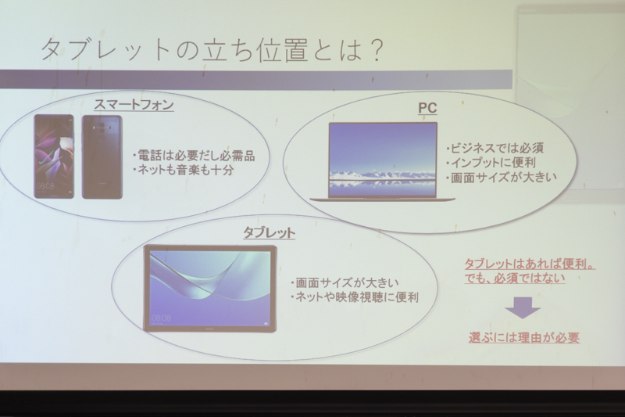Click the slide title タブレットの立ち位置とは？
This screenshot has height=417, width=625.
[212, 50]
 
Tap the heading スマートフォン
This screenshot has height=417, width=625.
[134, 105]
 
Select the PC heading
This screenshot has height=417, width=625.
[427, 108]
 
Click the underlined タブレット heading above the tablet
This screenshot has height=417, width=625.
[270, 232]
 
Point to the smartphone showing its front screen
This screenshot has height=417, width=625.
[54, 156]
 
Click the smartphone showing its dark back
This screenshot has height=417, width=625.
[102, 157]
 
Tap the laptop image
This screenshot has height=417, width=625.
[383, 162]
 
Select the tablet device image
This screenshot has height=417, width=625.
[210, 289]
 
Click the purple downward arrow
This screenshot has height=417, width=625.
[523, 307]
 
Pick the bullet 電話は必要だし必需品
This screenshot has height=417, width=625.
[194, 155]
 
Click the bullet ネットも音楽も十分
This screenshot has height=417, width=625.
[184, 171]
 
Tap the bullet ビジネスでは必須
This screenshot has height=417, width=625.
[495, 148]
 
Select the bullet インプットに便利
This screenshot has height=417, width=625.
[491, 163]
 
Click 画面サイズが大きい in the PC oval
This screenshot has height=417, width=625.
[502, 178]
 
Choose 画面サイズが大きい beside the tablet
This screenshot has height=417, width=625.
[345, 283]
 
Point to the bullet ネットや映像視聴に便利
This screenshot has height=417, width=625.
[355, 297]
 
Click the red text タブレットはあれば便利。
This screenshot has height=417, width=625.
[530, 264]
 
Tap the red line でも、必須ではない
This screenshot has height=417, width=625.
[515, 279]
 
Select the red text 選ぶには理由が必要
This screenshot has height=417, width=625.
[524, 338]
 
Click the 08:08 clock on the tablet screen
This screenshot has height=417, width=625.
[162, 318]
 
